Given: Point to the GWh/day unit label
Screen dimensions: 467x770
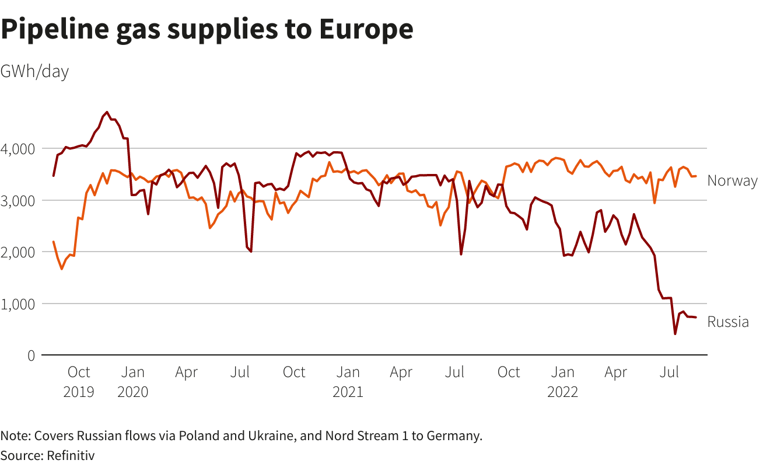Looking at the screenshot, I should pyautogui.click(x=34, y=72).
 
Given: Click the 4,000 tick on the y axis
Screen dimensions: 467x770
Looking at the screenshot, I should pyautogui.click(x=17, y=149).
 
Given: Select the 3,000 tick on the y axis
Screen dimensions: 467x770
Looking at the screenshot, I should pyautogui.click(x=17, y=201).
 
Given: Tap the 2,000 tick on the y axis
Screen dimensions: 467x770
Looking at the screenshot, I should pyautogui.click(x=17, y=252).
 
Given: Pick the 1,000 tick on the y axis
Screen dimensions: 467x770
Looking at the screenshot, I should pyautogui.click(x=17, y=304).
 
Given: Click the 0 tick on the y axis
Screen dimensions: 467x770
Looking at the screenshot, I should pyautogui.click(x=31, y=356).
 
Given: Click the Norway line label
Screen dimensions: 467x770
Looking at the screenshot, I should pyautogui.click(x=732, y=181).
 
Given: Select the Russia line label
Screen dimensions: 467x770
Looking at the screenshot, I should pyautogui.click(x=727, y=322).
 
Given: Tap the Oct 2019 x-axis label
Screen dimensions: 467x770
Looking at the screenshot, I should pyautogui.click(x=79, y=381).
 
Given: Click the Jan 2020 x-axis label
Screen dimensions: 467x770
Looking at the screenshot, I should pyautogui.click(x=133, y=381).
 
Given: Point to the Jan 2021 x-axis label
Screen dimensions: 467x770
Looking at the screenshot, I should pyautogui.click(x=348, y=381).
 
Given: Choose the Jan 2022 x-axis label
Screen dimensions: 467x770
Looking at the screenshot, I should pyautogui.click(x=562, y=381).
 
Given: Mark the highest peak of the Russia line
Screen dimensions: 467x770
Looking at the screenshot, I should pyautogui.click(x=106, y=112).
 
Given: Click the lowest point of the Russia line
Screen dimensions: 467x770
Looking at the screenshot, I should pyautogui.click(x=675, y=334).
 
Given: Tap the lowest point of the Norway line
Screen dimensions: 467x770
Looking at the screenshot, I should pyautogui.click(x=62, y=269).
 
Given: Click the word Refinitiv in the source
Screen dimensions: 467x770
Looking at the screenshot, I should pyautogui.click(x=71, y=455).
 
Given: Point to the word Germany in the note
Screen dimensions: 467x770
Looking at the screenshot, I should pyautogui.click(x=457, y=436).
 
